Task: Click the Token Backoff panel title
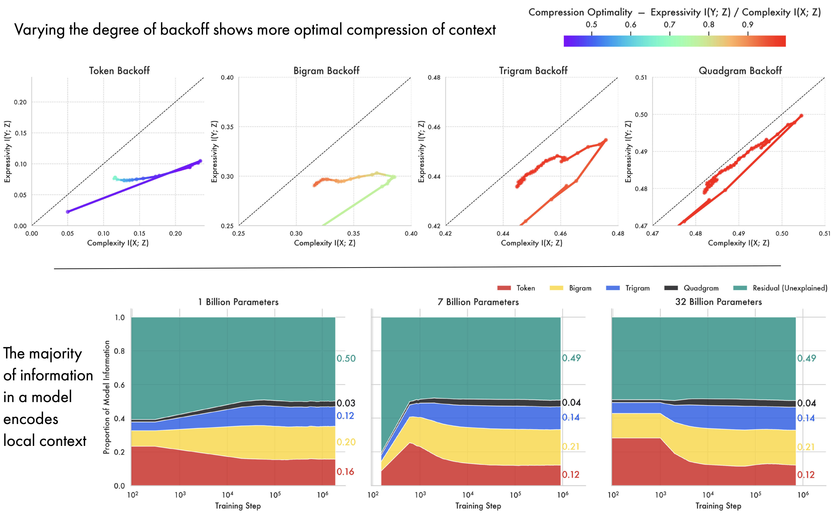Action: point(119,71)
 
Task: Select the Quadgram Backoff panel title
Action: point(740,71)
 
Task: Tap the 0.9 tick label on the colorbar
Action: point(748,24)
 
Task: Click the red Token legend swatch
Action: point(504,288)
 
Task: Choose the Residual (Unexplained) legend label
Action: point(790,288)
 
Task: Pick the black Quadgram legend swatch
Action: point(671,288)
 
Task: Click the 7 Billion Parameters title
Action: point(478,302)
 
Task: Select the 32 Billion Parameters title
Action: point(719,302)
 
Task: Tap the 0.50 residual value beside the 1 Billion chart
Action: point(346,358)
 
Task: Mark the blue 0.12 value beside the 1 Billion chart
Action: point(345,416)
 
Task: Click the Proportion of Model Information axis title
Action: point(107,397)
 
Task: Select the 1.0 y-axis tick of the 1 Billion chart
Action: point(120,318)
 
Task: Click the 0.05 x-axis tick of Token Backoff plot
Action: point(67,233)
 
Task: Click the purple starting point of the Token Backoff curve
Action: point(68,211)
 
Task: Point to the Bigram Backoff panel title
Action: point(326,71)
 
